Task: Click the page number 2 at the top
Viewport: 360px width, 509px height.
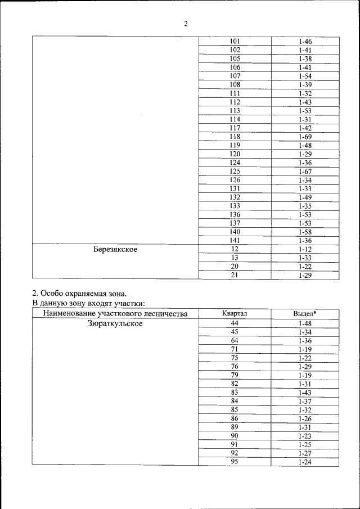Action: point(185,24)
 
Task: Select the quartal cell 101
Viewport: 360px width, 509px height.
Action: point(235,42)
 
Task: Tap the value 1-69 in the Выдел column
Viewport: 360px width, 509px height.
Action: point(305,137)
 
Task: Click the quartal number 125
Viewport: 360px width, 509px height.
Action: point(235,171)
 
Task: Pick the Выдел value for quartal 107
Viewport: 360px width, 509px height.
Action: point(305,76)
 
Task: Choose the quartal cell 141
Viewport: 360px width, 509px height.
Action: point(235,240)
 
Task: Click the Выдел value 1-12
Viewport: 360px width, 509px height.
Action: point(305,249)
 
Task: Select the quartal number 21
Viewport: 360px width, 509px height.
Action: point(235,275)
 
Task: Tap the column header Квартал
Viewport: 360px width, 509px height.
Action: point(235,314)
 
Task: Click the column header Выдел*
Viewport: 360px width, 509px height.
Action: point(305,314)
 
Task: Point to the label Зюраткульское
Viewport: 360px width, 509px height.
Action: point(115,323)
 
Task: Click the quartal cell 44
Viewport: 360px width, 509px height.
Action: point(235,323)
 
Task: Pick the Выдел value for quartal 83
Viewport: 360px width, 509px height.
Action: point(305,392)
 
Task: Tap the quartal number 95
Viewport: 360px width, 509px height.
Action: point(235,462)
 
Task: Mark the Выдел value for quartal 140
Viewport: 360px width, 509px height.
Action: point(305,232)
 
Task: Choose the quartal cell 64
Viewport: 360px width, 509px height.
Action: point(235,340)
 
